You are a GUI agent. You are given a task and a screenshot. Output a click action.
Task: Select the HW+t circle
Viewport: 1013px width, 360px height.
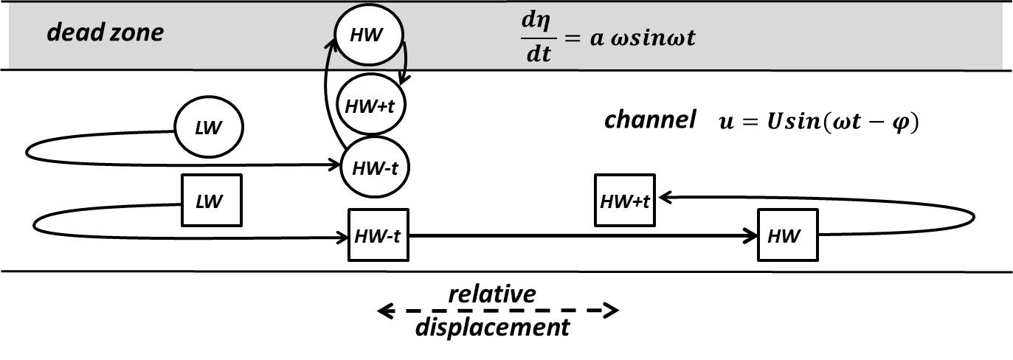[x=372, y=105]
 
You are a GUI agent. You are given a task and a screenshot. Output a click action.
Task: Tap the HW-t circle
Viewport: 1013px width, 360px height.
[x=375, y=167]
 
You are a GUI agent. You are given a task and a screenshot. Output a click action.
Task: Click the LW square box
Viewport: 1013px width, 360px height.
[x=212, y=201]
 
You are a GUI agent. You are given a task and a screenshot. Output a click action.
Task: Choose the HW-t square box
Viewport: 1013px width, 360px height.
[x=378, y=236]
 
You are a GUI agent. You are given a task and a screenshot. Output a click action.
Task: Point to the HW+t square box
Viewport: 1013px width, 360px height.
[x=626, y=200]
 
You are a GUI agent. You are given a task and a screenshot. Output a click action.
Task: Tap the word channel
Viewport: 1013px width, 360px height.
[x=650, y=120]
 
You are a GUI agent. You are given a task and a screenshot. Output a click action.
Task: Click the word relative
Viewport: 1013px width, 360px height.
[x=493, y=294]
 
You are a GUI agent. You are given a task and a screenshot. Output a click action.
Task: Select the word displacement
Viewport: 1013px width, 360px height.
[x=492, y=326]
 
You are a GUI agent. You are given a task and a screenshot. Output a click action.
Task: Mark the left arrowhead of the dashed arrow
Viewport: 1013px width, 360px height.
[x=384, y=311]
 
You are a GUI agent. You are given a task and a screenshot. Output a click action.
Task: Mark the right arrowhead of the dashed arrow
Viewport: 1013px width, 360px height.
[x=612, y=311]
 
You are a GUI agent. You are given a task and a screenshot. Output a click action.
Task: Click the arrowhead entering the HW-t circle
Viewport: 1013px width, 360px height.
[x=336, y=167]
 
